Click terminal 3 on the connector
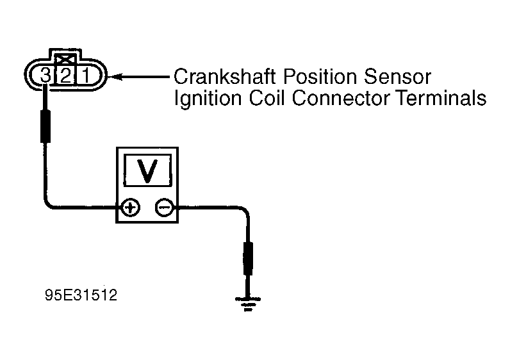pos(45,76)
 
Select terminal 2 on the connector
pos(66,76)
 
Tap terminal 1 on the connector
pos(86,76)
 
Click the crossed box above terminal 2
pos(66,60)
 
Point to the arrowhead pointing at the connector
pos(115,77)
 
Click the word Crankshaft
pos(225,77)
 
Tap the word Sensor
pos(397,77)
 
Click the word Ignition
pos(208,98)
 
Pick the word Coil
pos(267,98)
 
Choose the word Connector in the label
pos(341,98)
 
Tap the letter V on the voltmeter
pos(147,170)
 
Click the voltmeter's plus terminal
pos(131,207)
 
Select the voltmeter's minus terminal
pos(164,207)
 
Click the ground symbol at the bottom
pos(248,304)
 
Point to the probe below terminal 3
pos(45,126)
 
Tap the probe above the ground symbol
pos(248,259)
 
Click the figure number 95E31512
pos(81,295)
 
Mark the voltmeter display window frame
pos(147,155)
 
